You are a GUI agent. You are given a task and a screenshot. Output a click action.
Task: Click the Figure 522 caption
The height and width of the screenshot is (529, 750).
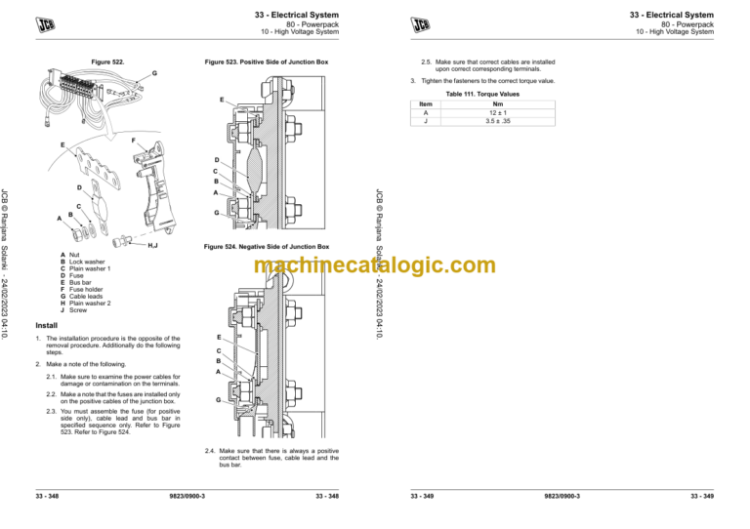106,61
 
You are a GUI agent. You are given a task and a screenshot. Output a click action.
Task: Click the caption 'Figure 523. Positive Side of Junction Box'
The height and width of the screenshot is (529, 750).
267,61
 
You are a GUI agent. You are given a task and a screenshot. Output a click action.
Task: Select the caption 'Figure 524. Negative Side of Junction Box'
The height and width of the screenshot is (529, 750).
267,247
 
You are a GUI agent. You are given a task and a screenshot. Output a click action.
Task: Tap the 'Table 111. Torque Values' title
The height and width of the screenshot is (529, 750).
483,95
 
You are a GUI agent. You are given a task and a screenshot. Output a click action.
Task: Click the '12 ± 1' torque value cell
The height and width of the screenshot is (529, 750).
498,113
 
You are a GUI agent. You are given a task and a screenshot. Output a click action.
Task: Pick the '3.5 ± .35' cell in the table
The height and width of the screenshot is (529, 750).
498,123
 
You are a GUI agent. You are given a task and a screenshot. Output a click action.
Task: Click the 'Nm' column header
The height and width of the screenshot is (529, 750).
498,103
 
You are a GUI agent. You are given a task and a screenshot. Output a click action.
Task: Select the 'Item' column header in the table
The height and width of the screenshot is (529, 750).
425,103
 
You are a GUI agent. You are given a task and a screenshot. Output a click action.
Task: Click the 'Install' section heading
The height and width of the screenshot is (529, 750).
46,324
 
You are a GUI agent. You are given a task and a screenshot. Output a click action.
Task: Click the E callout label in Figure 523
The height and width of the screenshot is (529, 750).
222,100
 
